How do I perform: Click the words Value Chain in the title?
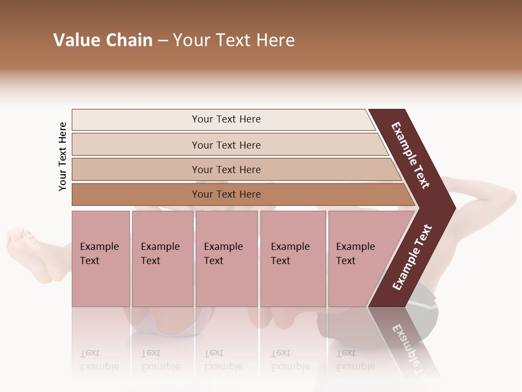tap(103, 40)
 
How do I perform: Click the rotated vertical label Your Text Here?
tap(63, 156)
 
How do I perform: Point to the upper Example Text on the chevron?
tap(411, 156)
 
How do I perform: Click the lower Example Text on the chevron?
tap(412, 257)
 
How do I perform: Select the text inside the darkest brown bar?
tap(226, 194)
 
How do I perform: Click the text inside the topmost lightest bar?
tap(226, 119)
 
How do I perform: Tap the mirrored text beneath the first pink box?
tap(99, 359)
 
